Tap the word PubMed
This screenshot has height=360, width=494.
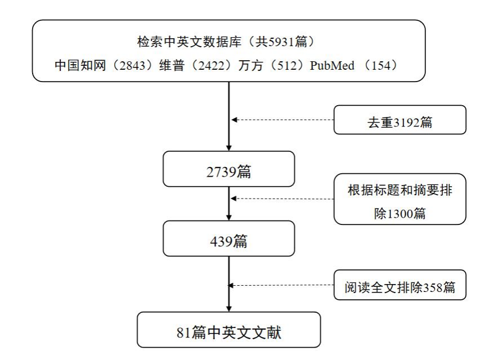(332, 65)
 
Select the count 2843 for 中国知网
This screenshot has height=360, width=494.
(132, 65)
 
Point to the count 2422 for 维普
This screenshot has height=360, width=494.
(212, 65)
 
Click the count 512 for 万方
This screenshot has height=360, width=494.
(287, 65)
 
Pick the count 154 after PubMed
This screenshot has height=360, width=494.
(381, 65)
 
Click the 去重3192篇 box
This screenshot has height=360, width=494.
(400, 120)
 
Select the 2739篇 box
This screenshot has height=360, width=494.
(229, 169)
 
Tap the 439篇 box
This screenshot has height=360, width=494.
(229, 238)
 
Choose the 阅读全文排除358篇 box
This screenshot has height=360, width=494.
(400, 285)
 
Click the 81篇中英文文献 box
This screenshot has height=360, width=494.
(229, 330)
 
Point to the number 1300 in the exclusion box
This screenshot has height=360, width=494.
(399, 214)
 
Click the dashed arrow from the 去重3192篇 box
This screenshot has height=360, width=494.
(282, 120)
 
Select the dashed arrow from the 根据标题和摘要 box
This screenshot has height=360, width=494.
(282, 199)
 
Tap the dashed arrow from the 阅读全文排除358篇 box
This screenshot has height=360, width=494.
(281, 285)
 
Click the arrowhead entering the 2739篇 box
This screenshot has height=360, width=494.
(229, 148)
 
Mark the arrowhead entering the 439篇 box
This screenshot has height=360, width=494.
(229, 218)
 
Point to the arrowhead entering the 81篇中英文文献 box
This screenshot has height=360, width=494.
(229, 309)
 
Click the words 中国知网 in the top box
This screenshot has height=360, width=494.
(80, 65)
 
